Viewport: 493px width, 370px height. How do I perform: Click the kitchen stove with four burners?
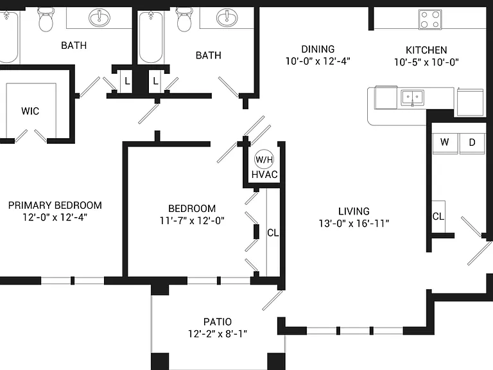(x=430, y=19)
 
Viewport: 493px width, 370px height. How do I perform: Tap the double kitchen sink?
(x=413, y=98)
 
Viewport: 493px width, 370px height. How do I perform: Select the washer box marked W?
(x=445, y=143)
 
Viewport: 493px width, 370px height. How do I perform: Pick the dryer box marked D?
(x=472, y=143)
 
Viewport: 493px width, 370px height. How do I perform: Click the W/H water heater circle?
(x=264, y=159)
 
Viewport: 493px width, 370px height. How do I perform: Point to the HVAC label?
(x=264, y=175)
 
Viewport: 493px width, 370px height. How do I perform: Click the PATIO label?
(x=218, y=322)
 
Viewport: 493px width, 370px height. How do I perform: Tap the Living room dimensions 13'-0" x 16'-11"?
(x=354, y=224)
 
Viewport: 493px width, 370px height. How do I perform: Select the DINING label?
(x=318, y=49)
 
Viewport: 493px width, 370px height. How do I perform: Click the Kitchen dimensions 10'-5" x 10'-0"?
(x=426, y=62)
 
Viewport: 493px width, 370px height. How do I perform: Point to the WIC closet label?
(x=30, y=111)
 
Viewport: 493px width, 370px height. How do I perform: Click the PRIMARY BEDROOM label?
(x=55, y=206)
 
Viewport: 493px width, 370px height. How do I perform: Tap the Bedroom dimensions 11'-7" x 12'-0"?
(x=192, y=221)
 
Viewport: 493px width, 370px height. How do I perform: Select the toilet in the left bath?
(x=46, y=19)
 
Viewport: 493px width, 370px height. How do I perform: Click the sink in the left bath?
(x=99, y=17)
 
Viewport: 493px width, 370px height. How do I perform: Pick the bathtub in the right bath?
(x=151, y=37)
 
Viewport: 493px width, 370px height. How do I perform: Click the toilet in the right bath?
(x=185, y=19)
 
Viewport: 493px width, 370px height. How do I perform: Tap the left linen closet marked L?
(x=127, y=81)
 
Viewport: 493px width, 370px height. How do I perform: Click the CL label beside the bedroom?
(x=273, y=233)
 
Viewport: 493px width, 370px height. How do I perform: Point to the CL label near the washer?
(x=438, y=216)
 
